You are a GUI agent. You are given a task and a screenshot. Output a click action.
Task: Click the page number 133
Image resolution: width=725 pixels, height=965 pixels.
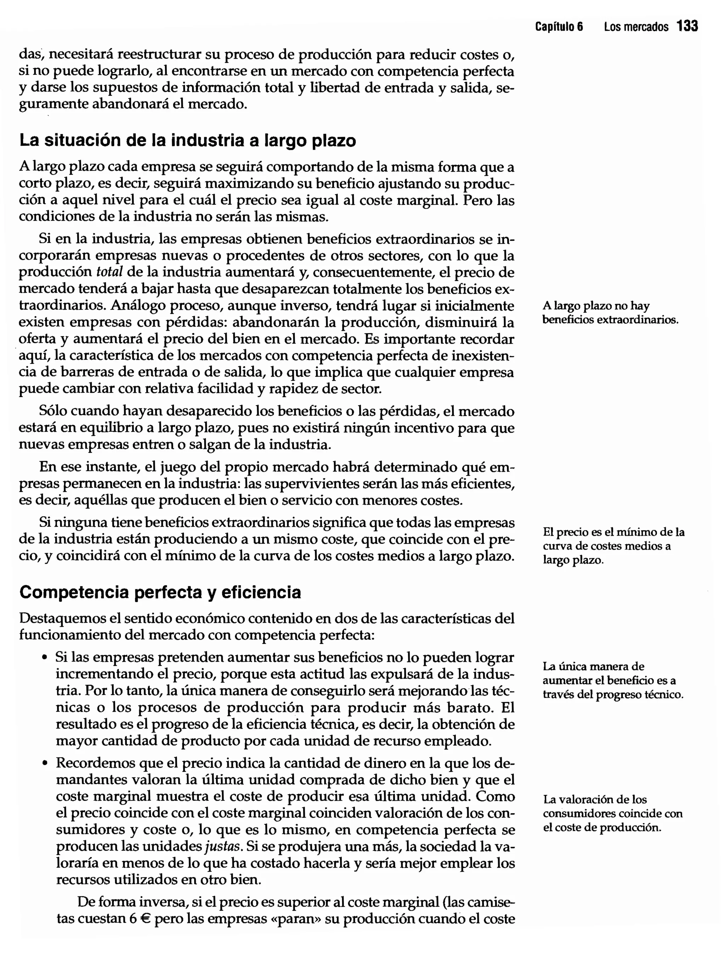tap(687, 27)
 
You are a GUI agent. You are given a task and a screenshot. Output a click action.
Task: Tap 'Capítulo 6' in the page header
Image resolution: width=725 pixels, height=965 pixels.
tap(559, 27)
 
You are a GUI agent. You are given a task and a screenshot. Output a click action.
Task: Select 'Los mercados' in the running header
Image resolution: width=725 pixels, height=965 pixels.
tap(636, 27)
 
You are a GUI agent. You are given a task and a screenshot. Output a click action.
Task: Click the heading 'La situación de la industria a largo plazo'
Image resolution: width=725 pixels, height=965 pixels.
tap(188, 141)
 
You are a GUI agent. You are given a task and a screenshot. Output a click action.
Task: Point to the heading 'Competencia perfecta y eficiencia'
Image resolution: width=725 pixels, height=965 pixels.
tap(160, 592)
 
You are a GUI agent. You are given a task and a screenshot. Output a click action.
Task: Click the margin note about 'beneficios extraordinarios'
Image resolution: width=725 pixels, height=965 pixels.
tap(610, 313)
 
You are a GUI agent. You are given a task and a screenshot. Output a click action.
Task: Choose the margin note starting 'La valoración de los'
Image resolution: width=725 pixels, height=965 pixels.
tap(612, 814)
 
